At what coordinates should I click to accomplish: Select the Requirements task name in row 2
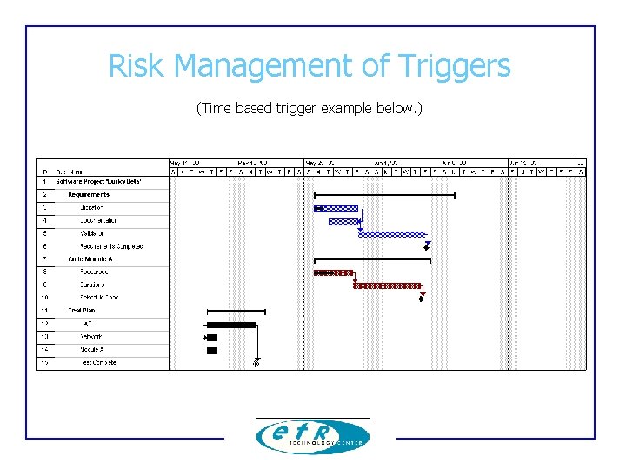click(89, 195)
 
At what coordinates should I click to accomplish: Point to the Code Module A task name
click(90, 259)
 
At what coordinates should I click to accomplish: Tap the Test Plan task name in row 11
click(82, 311)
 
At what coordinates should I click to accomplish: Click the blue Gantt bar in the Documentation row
click(343, 222)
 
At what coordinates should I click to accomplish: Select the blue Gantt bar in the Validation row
click(392, 234)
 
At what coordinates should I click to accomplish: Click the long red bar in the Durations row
click(388, 285)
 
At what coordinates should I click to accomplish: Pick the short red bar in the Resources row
click(334, 272)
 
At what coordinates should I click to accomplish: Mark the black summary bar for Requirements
click(384, 196)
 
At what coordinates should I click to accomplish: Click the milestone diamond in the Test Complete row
click(256, 364)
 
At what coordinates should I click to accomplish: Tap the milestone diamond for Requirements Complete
click(426, 248)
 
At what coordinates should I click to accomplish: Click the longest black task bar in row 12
click(231, 325)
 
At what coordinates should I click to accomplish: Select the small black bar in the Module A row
click(212, 350)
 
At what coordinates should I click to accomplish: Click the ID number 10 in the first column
click(44, 298)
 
